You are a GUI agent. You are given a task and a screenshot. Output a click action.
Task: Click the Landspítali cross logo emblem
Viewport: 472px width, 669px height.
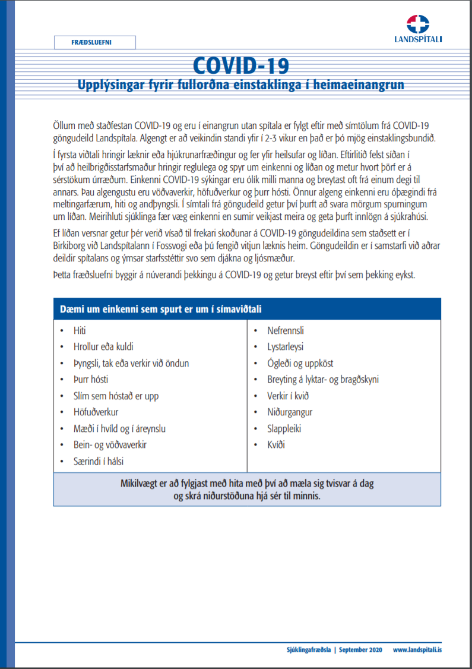pos(418,24)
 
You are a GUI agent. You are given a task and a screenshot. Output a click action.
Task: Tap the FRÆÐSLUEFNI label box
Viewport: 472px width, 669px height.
pos(95,42)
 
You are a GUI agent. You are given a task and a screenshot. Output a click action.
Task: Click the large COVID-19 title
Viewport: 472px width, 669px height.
pos(240,64)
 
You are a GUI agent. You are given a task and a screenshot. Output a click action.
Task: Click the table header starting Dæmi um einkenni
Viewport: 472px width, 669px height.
pos(161,309)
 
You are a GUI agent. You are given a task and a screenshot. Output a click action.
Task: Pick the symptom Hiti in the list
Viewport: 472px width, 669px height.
pos(80,330)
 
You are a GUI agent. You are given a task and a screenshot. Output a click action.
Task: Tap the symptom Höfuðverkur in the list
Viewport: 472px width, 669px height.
pos(96,412)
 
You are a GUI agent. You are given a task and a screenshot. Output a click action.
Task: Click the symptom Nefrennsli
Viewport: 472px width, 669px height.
pos(286,330)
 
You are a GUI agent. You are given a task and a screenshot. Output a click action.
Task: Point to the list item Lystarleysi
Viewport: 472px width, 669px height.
pos(285,347)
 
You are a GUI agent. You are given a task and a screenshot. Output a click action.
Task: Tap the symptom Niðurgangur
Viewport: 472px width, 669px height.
pos(290,412)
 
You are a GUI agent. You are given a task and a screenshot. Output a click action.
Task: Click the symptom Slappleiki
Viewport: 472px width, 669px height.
pos(284,428)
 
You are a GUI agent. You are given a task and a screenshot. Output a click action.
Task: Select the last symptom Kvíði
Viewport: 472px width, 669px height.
pos(276,444)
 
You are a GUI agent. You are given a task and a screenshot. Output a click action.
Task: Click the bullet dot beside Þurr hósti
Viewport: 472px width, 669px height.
pos(62,380)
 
